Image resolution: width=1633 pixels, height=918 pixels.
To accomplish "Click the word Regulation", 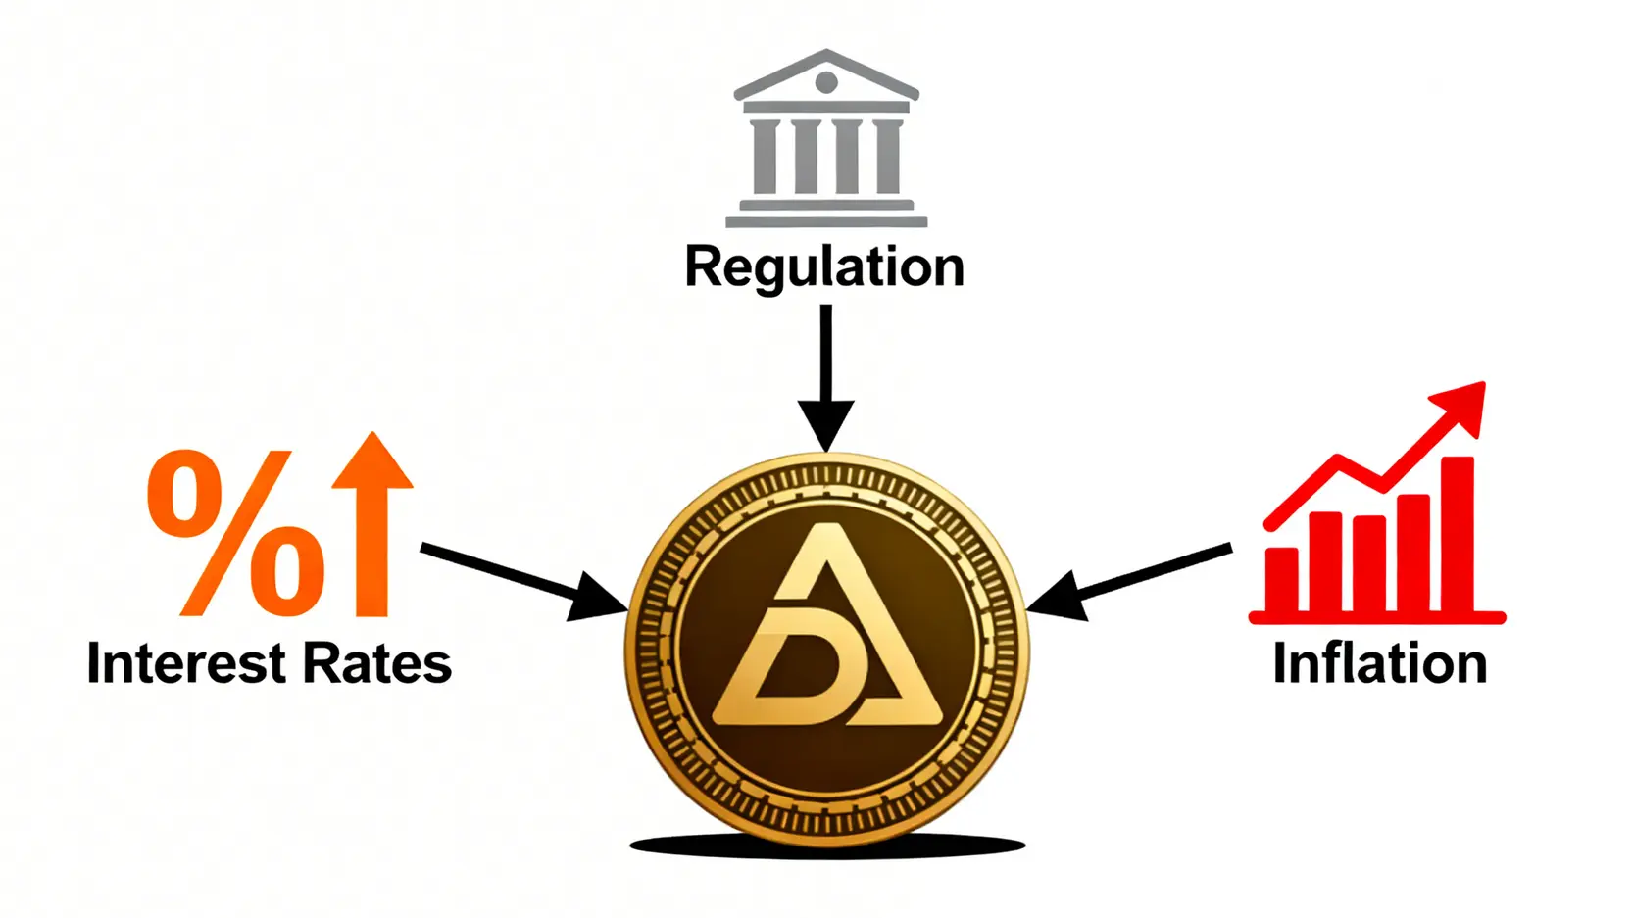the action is [x=824, y=268].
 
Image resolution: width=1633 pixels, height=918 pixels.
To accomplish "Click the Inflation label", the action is [x=1379, y=662].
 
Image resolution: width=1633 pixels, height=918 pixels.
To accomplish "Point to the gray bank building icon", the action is [x=826, y=138].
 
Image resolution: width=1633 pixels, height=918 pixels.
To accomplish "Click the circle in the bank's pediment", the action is [x=826, y=82].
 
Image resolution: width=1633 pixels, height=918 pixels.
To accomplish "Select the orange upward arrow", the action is [x=372, y=524].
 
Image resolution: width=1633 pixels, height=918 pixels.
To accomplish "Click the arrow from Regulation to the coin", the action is [x=826, y=378].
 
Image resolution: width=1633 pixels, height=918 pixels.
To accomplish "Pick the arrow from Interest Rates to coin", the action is [x=524, y=581].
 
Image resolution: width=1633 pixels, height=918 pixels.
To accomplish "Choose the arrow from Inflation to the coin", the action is [x=1128, y=581].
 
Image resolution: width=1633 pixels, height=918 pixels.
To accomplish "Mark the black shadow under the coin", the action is [x=827, y=846].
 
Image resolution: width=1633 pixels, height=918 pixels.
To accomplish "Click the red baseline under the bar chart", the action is [x=1377, y=618].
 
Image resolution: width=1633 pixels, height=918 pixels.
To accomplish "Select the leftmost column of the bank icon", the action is [x=764, y=157].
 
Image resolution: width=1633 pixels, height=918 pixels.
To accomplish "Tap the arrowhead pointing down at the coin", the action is [x=826, y=425].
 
